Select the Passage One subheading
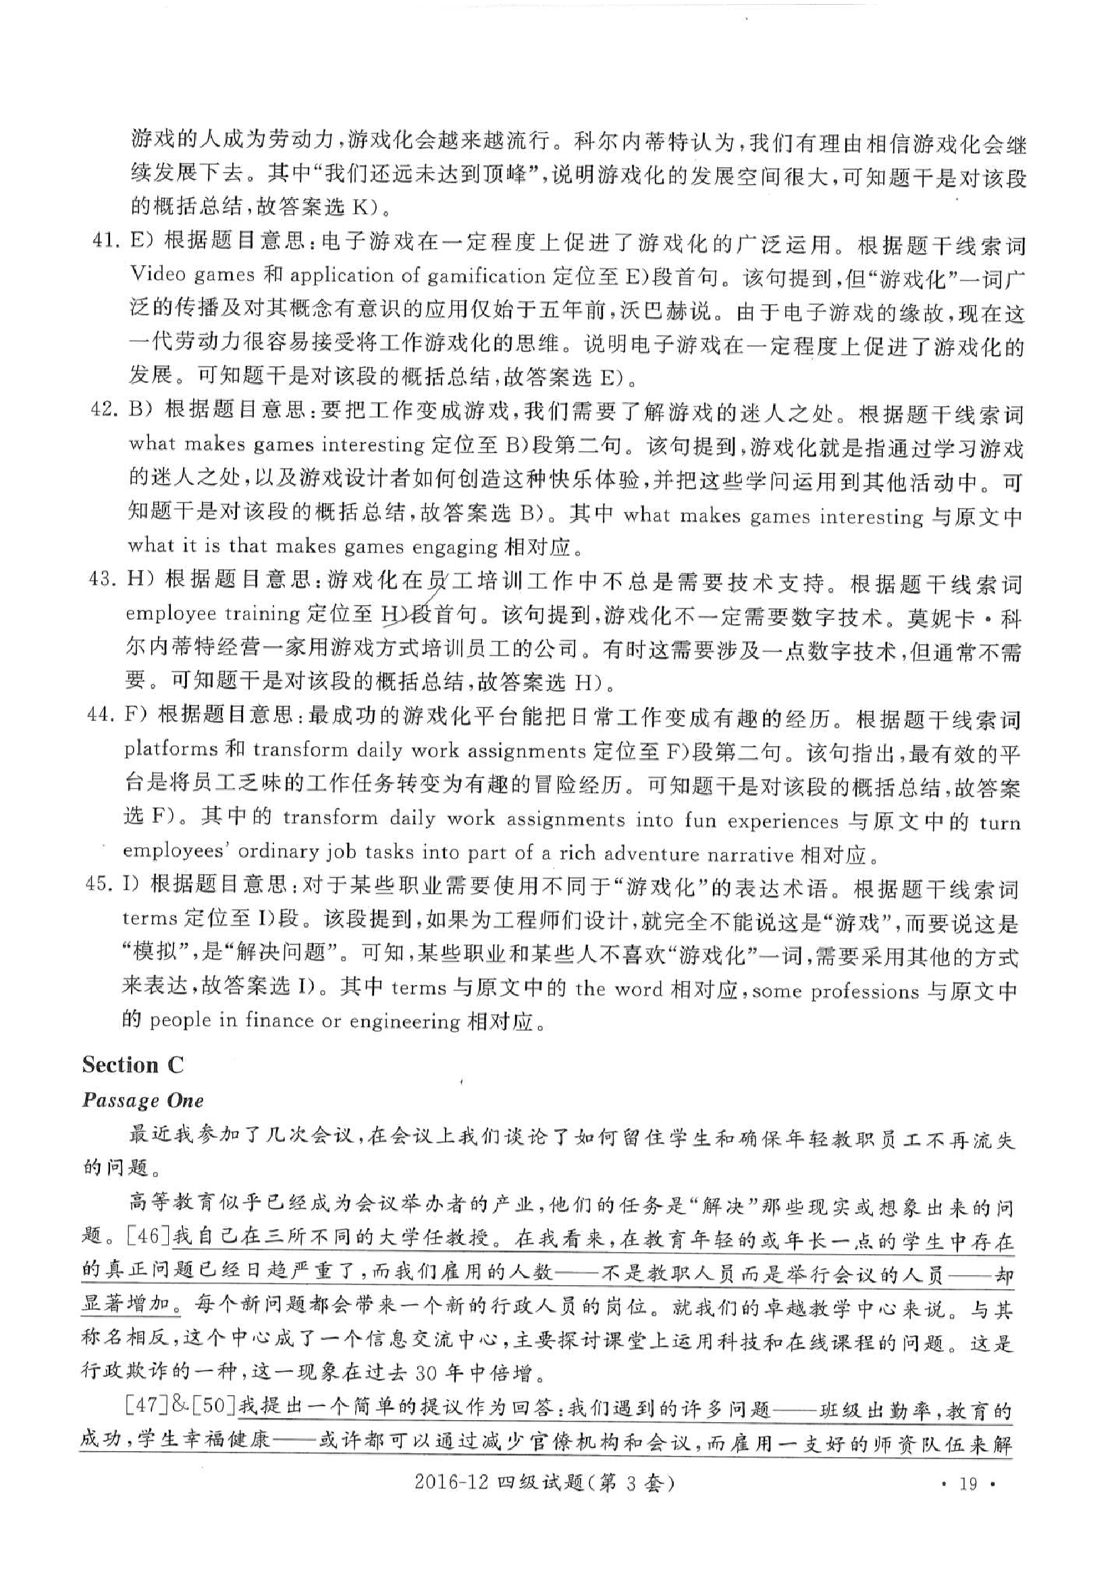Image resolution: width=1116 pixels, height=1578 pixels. [x=142, y=1100]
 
